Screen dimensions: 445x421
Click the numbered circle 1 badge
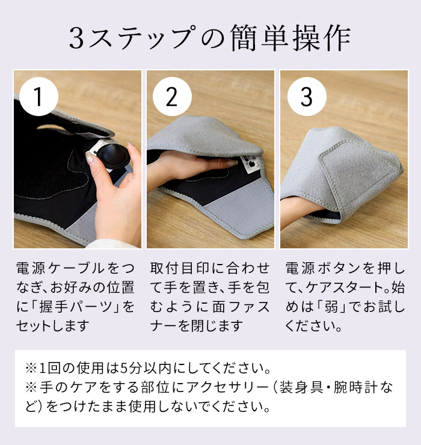click(x=39, y=97)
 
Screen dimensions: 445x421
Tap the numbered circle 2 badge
click(x=172, y=97)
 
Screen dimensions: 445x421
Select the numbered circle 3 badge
click(x=306, y=97)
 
